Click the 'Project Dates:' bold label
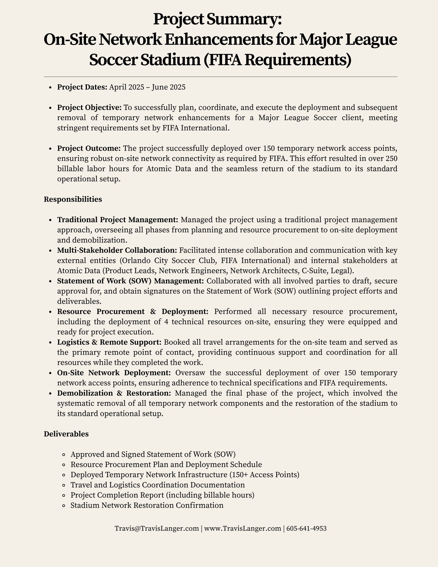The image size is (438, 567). tap(82, 87)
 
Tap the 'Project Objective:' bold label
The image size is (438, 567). tap(89, 108)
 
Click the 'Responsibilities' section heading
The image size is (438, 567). tap(73, 199)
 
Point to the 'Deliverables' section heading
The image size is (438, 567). tap(66, 434)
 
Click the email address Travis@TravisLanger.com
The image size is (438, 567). tap(157, 529)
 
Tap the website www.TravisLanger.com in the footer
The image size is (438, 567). tap(243, 529)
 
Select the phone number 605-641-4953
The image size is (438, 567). tap(307, 529)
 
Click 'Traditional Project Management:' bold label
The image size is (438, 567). tap(118, 220)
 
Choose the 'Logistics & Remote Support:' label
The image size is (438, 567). tap(109, 342)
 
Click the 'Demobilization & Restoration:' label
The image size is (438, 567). tap(114, 393)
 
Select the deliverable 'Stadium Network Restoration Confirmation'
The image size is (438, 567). tap(147, 505)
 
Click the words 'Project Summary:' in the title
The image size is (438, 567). tap(217, 19)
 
